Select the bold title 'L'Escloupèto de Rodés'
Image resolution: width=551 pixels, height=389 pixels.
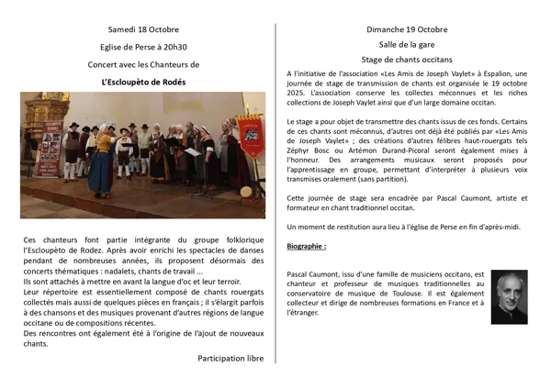(143, 83)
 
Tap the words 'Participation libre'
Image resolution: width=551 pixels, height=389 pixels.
(231, 359)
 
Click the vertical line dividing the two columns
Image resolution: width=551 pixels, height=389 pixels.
(275, 193)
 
